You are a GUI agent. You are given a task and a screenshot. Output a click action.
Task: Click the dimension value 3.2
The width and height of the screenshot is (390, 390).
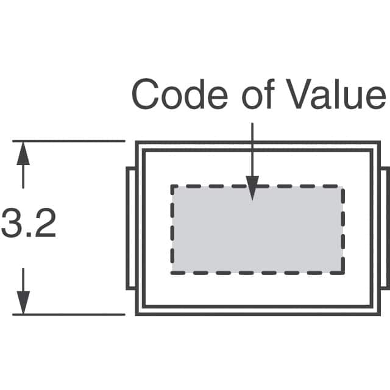28,224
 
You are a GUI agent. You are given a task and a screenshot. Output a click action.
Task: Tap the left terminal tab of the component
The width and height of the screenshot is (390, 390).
130,228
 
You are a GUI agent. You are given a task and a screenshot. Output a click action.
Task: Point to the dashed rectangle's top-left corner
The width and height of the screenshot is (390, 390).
172,186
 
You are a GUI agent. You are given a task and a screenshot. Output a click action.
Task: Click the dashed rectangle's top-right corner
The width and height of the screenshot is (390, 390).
342,186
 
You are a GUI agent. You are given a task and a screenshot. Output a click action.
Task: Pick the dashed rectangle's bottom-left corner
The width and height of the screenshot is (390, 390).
172,272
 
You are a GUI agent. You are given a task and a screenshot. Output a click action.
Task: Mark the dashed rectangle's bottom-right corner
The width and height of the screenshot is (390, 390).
342,272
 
